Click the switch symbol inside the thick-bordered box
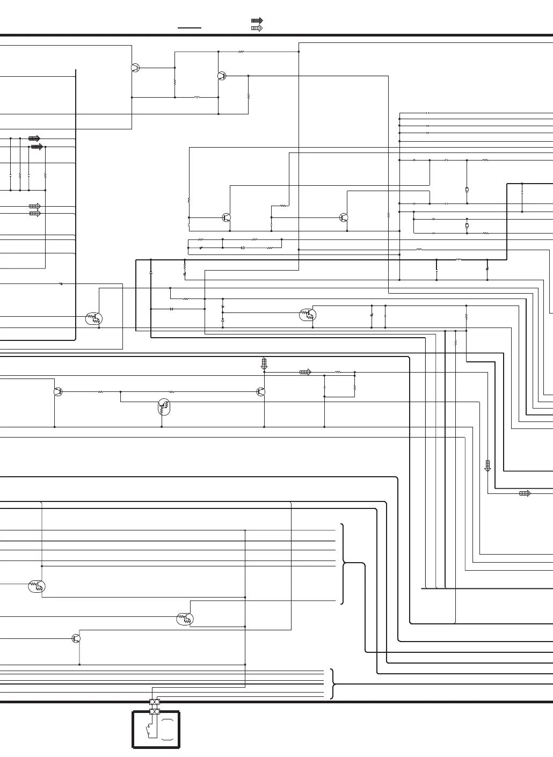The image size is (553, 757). [148, 730]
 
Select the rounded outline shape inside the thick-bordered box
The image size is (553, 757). [168, 730]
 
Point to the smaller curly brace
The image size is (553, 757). [333, 684]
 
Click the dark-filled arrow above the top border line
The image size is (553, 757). [257, 21]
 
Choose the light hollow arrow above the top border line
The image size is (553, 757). [257, 28]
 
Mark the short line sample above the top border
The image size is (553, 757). [190, 27]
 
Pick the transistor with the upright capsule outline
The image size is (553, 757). [164, 407]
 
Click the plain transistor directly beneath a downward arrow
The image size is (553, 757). [261, 392]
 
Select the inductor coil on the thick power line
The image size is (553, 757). [459, 260]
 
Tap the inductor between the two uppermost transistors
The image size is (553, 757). [197, 98]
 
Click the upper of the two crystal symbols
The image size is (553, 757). [467, 190]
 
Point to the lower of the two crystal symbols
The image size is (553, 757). [467, 225]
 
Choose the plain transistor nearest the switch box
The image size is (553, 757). [76, 638]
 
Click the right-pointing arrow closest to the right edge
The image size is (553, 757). [525, 493]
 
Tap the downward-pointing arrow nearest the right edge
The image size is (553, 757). [487, 465]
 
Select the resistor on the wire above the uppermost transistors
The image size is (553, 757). [241, 52]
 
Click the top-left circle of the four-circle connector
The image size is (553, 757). [152, 702]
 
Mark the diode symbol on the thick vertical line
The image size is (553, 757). [151, 273]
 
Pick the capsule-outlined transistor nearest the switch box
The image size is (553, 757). [184, 619]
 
